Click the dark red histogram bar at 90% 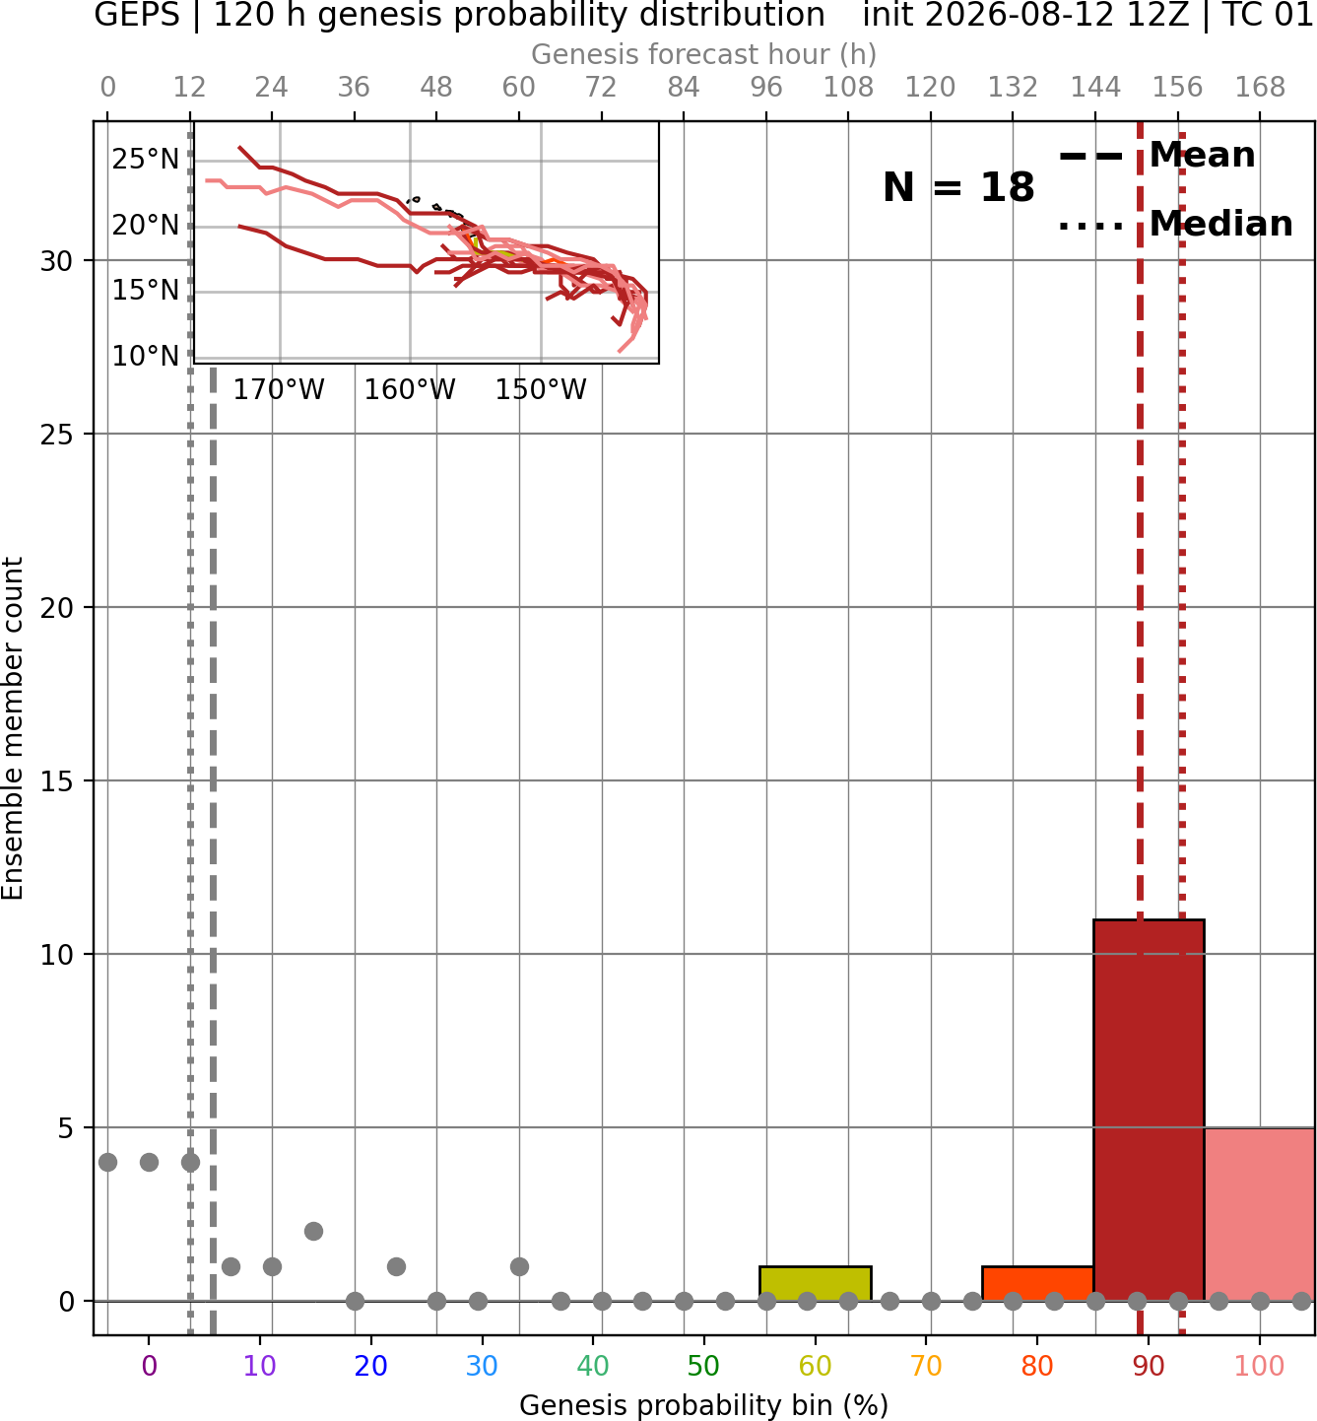click(x=1149, y=1110)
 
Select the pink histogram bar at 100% click(x=1260, y=1214)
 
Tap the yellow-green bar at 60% click(x=815, y=1284)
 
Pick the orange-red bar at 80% click(x=1037, y=1284)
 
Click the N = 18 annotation click(x=958, y=187)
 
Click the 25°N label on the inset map click(x=145, y=159)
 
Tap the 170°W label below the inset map click(x=279, y=390)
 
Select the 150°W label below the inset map click(x=541, y=390)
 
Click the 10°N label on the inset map click(x=145, y=356)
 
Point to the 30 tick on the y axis click(x=57, y=261)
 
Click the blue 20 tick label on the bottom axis click(x=371, y=1366)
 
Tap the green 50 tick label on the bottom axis click(x=704, y=1366)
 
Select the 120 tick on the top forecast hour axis click(x=930, y=88)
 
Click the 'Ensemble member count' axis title click(x=12, y=728)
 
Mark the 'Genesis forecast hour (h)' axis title click(x=704, y=54)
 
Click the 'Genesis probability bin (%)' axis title click(x=704, y=1405)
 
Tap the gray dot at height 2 click(x=313, y=1232)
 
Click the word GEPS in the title click(x=137, y=15)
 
